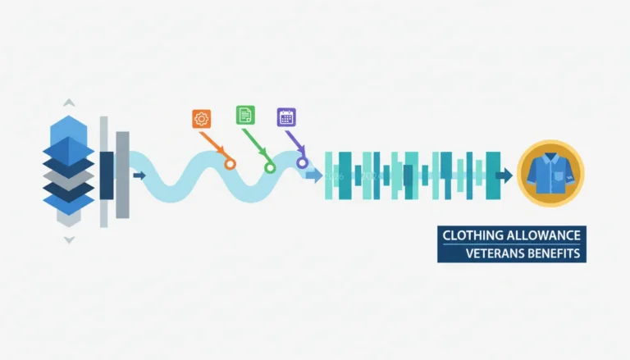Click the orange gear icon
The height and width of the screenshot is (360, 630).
(x=201, y=119)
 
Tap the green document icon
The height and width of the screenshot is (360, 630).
(x=245, y=115)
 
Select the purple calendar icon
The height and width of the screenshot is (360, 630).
(x=286, y=117)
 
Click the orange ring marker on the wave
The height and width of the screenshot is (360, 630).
(x=230, y=164)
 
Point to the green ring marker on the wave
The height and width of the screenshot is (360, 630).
(x=270, y=167)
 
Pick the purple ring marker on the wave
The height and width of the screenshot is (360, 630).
(x=302, y=162)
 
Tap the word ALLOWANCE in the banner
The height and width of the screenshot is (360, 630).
(x=543, y=235)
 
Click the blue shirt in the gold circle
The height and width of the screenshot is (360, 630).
(x=550, y=173)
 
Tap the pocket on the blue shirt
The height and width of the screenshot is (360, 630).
(x=559, y=177)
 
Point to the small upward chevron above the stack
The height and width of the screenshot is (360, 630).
(x=69, y=103)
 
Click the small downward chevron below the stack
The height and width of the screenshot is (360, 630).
(x=69, y=240)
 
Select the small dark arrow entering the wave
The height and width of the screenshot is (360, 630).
(x=139, y=175)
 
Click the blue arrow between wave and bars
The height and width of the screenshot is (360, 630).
(x=314, y=175)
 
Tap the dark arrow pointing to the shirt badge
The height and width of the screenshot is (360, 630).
(x=504, y=175)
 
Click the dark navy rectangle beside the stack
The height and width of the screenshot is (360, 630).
(x=107, y=175)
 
